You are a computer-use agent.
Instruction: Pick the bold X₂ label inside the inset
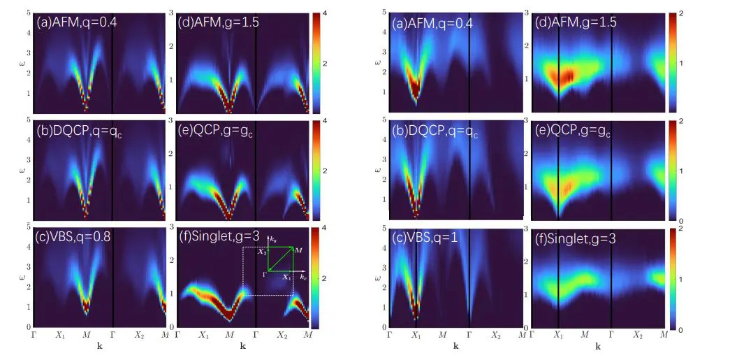262,250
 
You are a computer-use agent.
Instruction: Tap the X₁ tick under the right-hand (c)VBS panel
416,336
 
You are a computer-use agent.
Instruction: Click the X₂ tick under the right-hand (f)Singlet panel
637,336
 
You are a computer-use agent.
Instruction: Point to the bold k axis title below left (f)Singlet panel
242,346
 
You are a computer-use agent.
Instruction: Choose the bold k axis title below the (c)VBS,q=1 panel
455,346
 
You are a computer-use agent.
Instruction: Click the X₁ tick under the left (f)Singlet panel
204,336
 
